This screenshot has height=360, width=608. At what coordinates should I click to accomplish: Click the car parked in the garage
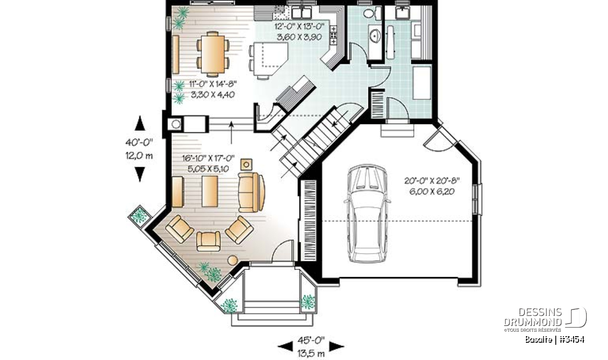pos(367,214)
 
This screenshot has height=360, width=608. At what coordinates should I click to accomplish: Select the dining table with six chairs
pos(213,54)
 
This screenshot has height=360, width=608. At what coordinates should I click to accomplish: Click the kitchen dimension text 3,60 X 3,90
pos(299,37)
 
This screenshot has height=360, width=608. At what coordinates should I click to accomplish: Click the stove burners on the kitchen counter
pos(333,35)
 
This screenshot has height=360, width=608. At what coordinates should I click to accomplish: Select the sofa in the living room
pos(251,192)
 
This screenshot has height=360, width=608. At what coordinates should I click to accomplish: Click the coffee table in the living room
pos(210,191)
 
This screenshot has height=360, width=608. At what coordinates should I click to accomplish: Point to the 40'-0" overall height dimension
pos(139,142)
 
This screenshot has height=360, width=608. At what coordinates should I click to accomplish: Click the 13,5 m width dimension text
pos(311,353)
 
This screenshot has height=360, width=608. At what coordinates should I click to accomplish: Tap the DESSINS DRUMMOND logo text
pos(533,317)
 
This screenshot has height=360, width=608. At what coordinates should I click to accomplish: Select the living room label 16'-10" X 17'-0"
pos(208,158)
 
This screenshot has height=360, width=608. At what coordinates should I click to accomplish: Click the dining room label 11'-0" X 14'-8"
pos(213,84)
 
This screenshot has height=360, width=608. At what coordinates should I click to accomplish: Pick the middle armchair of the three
pos(208,241)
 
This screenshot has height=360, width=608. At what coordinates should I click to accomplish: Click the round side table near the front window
pos(233,260)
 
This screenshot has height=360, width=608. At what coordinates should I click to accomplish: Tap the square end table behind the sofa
pos(246,165)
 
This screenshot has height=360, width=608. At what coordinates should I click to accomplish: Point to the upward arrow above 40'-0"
pos(140,123)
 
